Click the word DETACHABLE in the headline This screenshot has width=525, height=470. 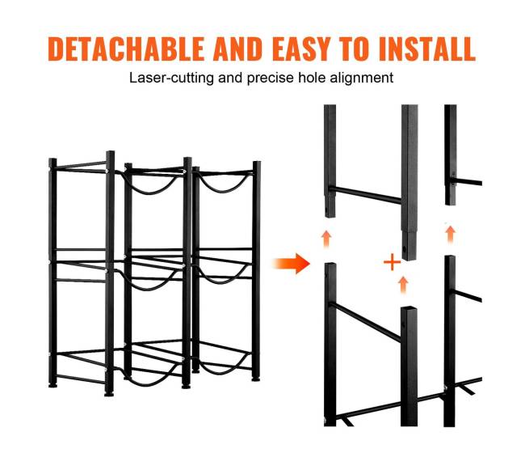126,49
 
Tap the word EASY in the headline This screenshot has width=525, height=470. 302,49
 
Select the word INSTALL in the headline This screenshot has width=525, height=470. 427,49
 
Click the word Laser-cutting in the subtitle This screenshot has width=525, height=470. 171,78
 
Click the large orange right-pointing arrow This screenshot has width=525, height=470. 292,264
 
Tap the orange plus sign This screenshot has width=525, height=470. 392,262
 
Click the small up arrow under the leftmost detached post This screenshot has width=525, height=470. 326,239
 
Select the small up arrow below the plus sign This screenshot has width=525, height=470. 404,285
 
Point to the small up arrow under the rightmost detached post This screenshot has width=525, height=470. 451,234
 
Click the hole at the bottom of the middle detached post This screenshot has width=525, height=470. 405,249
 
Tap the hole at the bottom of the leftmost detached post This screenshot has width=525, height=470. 326,212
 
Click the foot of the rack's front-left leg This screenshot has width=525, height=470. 109,392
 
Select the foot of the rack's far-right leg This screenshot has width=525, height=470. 256,379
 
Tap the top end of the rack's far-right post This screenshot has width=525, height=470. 257,163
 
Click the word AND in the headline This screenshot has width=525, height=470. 237,49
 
